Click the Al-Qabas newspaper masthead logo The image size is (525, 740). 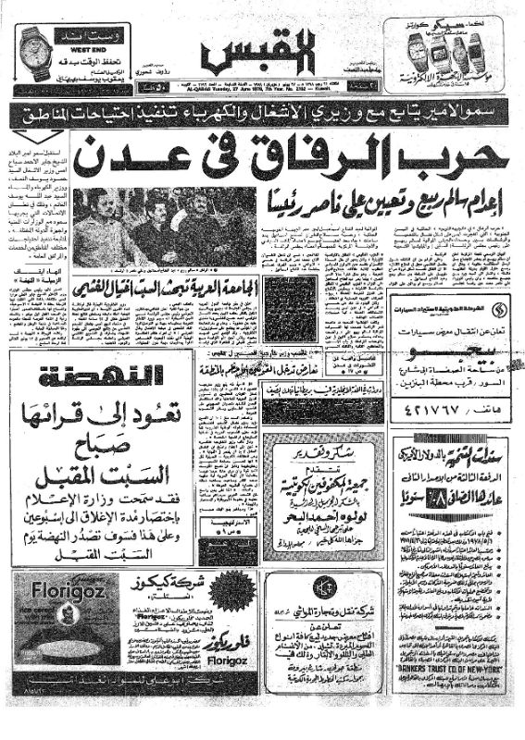[x=262, y=56]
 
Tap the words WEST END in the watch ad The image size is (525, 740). [x=81, y=43]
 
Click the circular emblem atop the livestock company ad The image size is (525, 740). [x=323, y=587]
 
